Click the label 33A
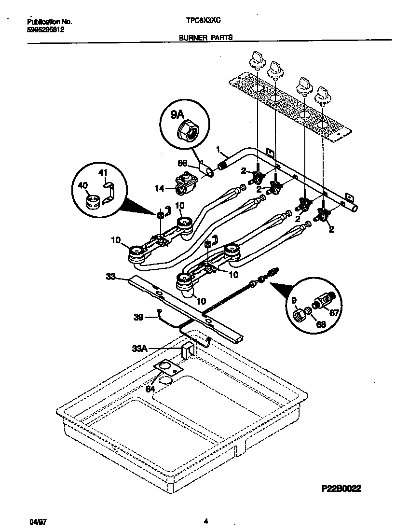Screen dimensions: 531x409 (x=139, y=348)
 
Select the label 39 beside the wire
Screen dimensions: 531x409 (x=138, y=317)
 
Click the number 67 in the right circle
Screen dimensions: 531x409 (x=335, y=312)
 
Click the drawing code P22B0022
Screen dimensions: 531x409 (x=340, y=488)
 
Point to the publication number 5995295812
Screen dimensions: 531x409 (x=46, y=29)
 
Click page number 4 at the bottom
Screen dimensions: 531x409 (x=206, y=521)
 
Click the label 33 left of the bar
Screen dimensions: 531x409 (x=111, y=277)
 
